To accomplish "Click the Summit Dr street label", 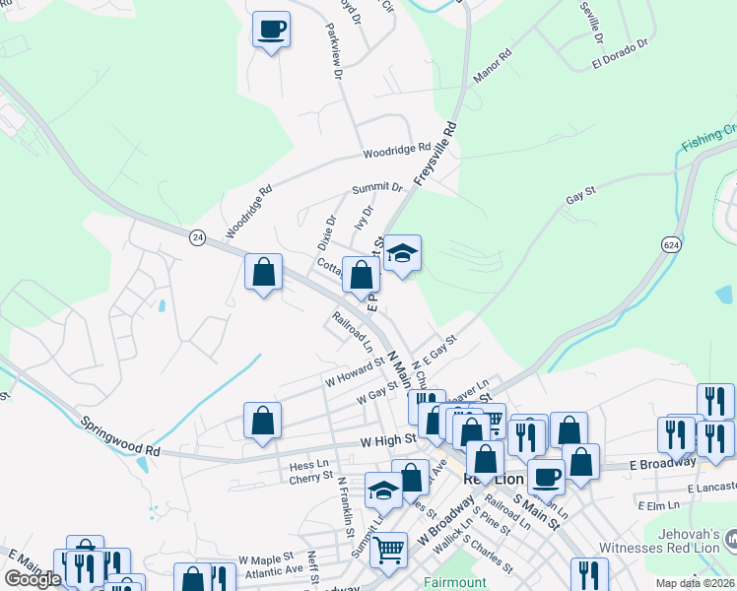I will click(x=378, y=187).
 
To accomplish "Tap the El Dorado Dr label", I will click(x=620, y=54).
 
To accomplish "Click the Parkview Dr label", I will click(x=332, y=50).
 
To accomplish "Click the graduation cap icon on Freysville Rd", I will click(x=402, y=253).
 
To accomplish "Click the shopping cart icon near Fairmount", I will click(x=389, y=549).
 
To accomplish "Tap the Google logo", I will click(x=33, y=579).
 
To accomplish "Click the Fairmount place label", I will click(x=453, y=582).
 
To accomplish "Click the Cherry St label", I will click(x=310, y=478).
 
